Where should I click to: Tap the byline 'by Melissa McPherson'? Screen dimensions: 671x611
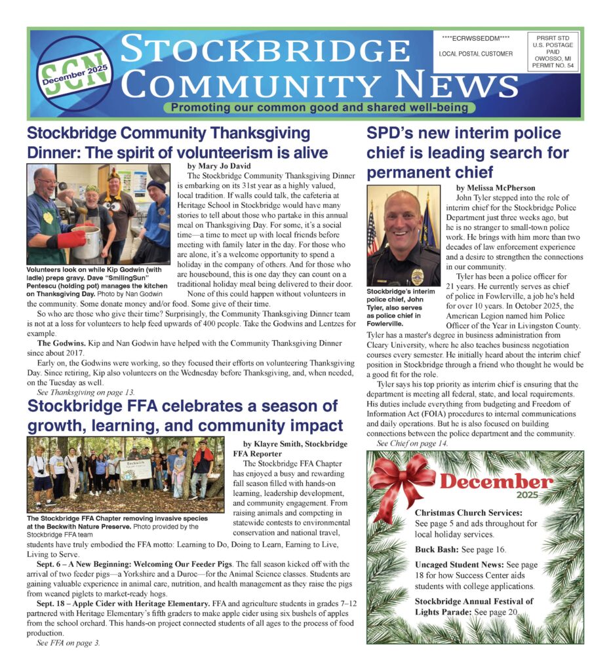495,187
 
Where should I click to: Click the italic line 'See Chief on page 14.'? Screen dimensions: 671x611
412,443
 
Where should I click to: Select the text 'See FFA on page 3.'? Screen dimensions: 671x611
68,643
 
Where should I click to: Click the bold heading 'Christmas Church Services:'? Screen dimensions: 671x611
469,512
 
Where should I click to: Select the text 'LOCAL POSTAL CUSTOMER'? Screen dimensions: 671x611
476,54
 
